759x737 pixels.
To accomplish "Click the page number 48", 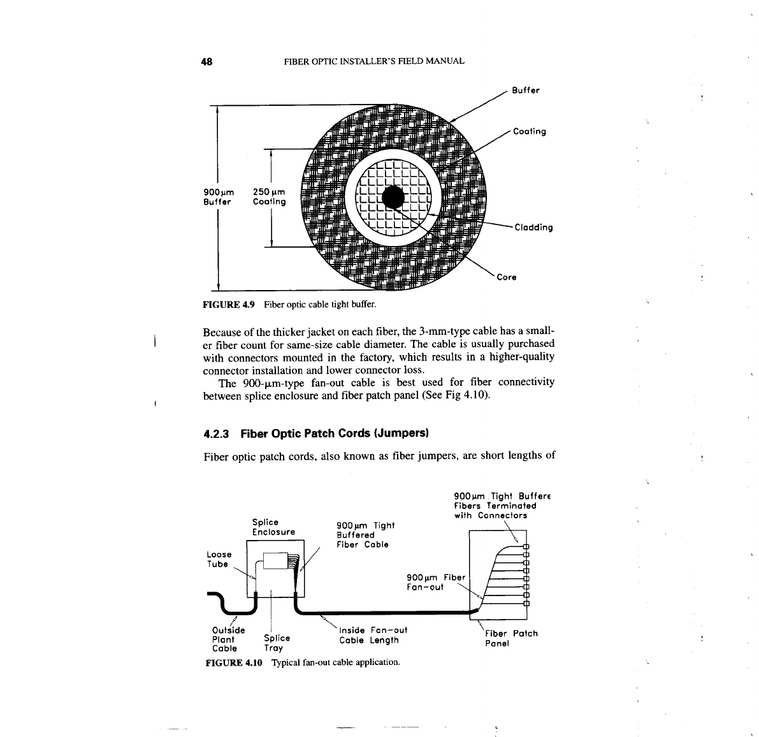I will [x=206, y=62].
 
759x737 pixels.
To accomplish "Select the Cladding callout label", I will [x=533, y=228].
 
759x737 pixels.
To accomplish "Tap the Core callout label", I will [x=507, y=277].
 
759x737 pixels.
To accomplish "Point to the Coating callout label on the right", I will [x=529, y=132].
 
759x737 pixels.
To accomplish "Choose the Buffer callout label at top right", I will [x=526, y=91].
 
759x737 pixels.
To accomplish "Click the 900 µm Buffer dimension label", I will [x=219, y=196].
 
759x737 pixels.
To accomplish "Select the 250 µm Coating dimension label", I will [x=269, y=196].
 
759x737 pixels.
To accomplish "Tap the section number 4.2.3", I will [x=217, y=434].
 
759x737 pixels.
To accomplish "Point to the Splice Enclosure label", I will [x=273, y=527].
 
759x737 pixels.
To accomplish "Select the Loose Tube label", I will [x=219, y=559].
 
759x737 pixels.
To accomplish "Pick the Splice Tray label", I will [x=277, y=643].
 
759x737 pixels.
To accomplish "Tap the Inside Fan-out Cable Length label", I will [x=373, y=635].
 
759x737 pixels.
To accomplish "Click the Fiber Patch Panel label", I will [x=511, y=638].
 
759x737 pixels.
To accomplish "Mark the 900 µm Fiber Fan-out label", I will [x=437, y=582].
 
